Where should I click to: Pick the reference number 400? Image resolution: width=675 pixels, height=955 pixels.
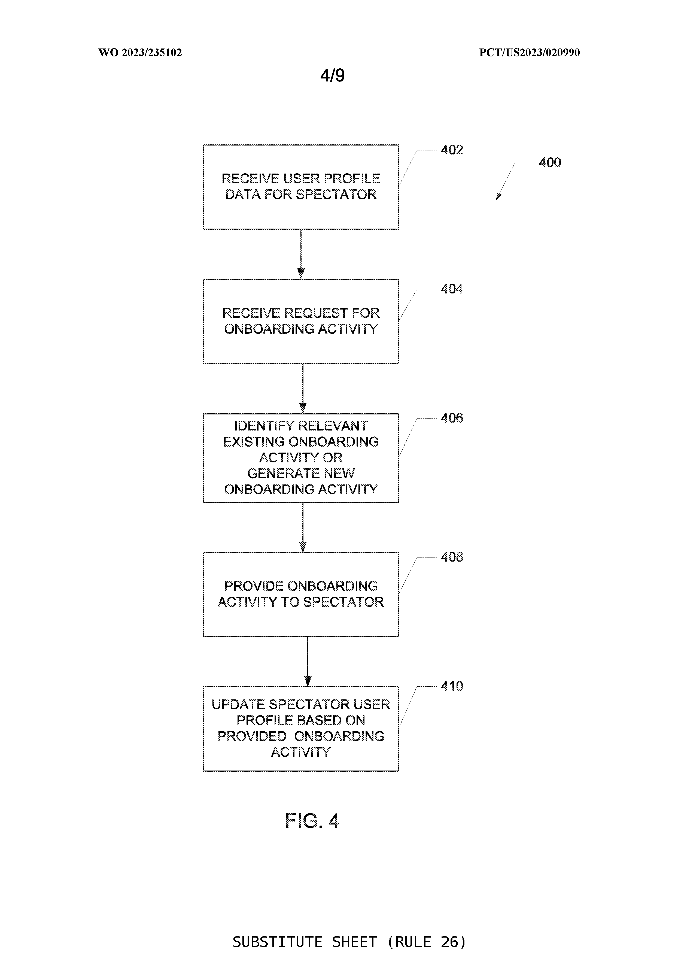coord(550,162)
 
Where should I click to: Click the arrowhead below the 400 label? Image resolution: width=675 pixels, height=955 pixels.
coord(499,196)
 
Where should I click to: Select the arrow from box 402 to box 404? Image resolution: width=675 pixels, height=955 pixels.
coord(301,254)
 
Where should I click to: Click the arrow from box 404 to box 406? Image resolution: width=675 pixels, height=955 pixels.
coord(303,388)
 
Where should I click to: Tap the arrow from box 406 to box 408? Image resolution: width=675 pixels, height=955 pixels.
coord(303,527)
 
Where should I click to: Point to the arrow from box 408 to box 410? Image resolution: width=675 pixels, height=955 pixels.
coord(308,661)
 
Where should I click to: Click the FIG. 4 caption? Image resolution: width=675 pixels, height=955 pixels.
coord(312,821)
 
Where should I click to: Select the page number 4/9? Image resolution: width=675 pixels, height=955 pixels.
coord(332,75)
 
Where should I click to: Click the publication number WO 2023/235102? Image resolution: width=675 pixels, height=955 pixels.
coord(140,52)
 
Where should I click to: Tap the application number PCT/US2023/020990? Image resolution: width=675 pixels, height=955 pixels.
coord(530,52)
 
